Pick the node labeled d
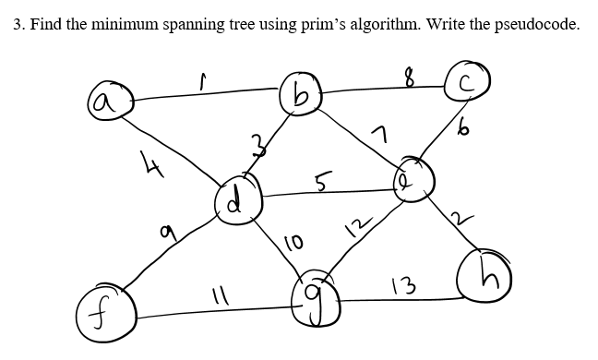point(236,197)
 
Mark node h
point(483,275)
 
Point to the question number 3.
point(18,25)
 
